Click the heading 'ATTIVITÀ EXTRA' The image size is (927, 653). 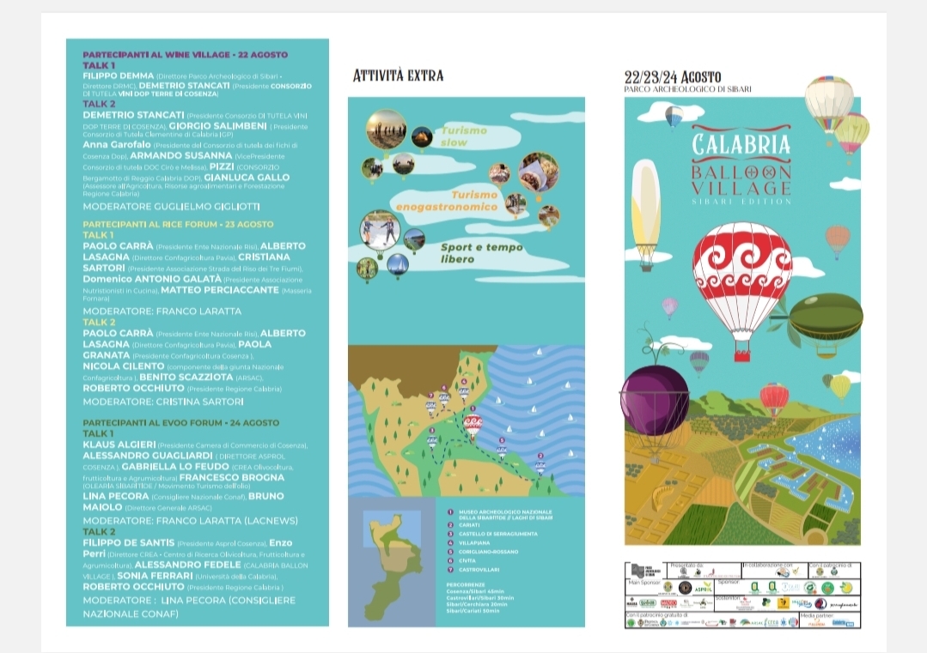(398, 76)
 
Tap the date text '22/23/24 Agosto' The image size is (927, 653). (673, 76)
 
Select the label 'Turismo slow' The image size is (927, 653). (464, 136)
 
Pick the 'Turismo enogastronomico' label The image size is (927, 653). (460, 201)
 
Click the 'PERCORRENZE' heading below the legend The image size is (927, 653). (468, 585)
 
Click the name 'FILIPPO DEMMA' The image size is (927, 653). (118, 76)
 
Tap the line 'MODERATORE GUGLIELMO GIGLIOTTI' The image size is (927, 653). (171, 207)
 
